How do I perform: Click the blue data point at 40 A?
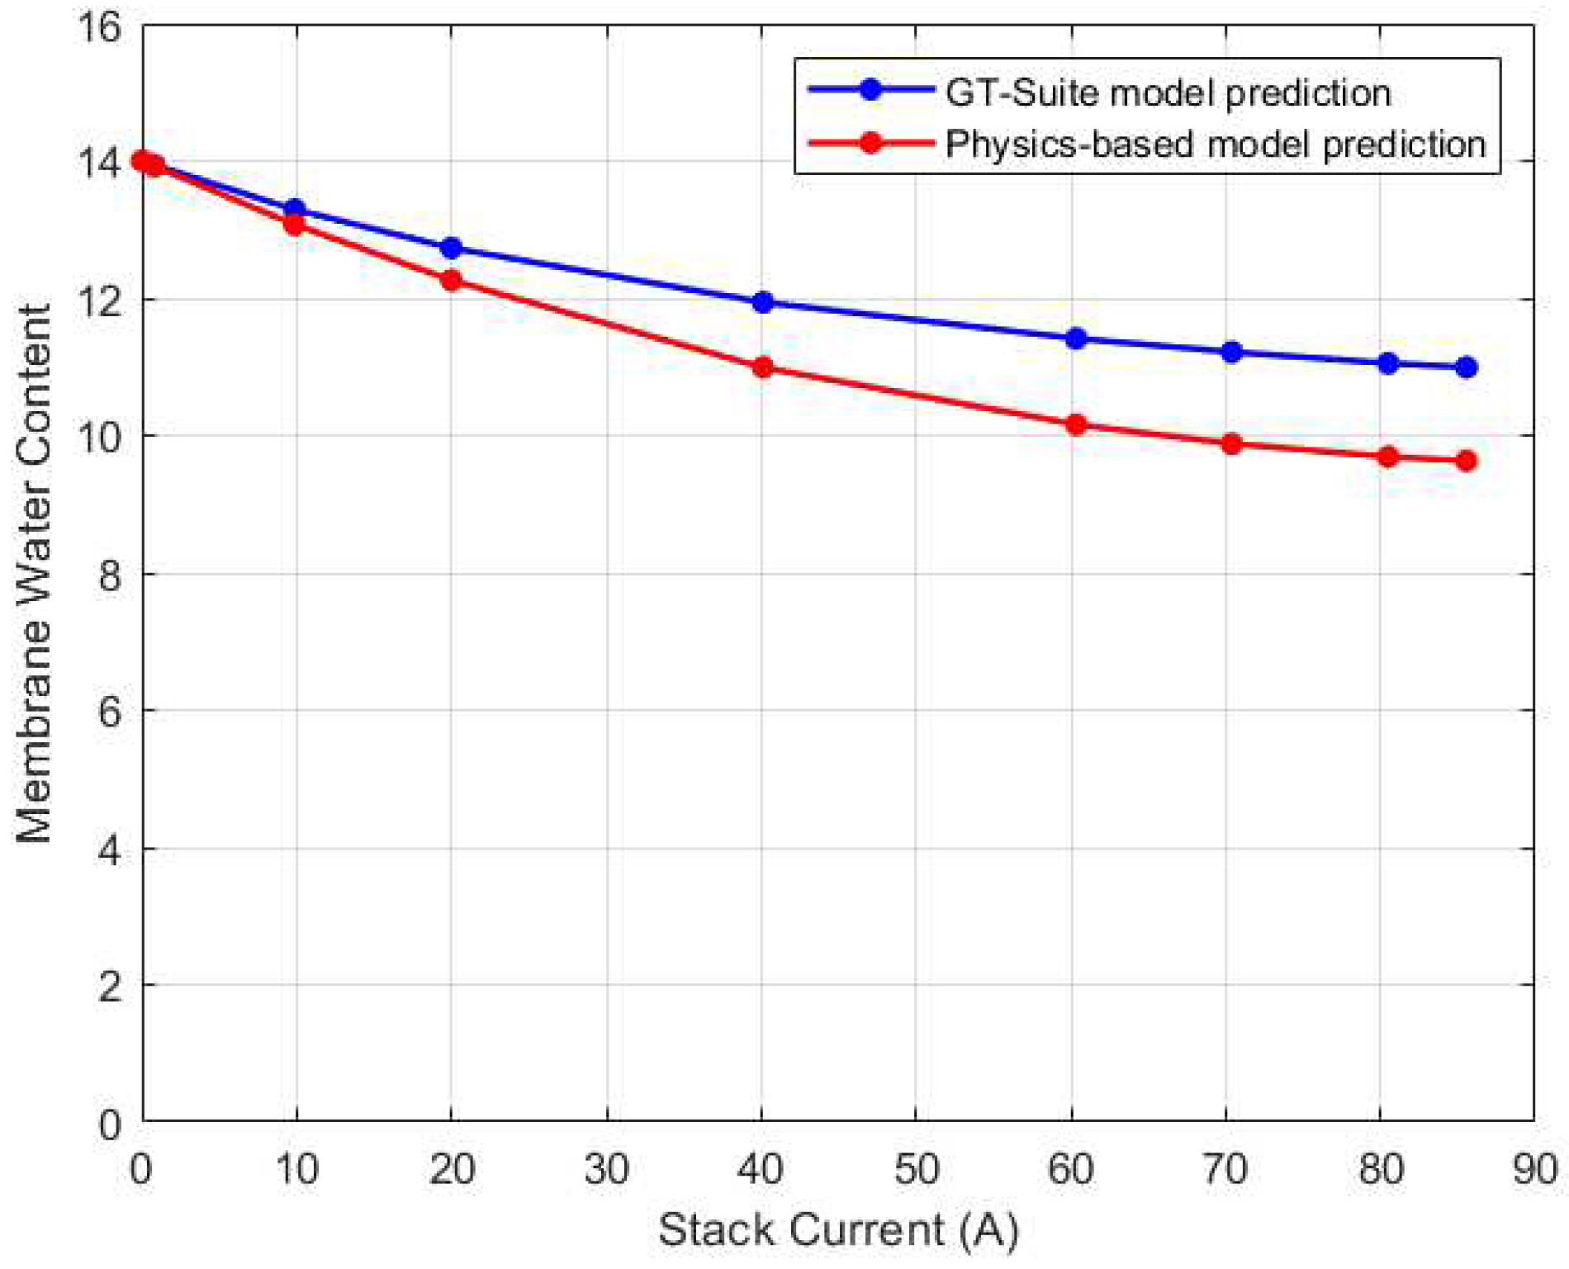click(762, 302)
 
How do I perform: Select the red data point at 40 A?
click(762, 367)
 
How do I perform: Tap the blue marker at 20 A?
click(451, 248)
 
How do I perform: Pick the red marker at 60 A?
click(1075, 425)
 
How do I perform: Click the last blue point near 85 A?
click(1466, 367)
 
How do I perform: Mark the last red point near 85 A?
click(1466, 461)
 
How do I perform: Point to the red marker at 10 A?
click(294, 225)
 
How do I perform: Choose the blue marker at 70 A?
click(1231, 353)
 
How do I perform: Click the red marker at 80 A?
click(1387, 457)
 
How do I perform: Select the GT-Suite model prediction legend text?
click(1168, 92)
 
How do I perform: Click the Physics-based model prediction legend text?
click(1215, 144)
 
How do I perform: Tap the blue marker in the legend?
click(870, 90)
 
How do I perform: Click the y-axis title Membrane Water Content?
click(35, 574)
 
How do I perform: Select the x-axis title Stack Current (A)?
click(837, 1230)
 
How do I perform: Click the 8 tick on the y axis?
click(109, 575)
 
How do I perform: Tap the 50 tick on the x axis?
click(916, 1170)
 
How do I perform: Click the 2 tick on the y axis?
click(109, 986)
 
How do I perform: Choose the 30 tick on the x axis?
click(607, 1170)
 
